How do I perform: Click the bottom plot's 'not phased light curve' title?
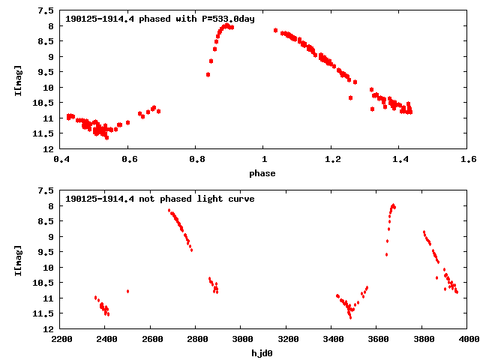pyautogui.click(x=160, y=199)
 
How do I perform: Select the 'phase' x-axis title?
pyautogui.click(x=262, y=173)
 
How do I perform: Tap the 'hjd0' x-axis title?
pyautogui.click(x=262, y=353)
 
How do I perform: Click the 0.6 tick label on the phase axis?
pyautogui.click(x=128, y=159)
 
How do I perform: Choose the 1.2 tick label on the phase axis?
pyautogui.click(x=332, y=159)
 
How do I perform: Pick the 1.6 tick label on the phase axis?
pyautogui.click(x=468, y=159)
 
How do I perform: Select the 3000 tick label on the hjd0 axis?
pyautogui.click(x=241, y=339)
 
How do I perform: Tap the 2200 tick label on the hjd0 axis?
pyautogui.click(x=61, y=339)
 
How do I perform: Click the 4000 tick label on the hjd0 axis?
pyautogui.click(x=466, y=339)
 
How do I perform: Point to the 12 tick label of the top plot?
pyautogui.click(x=48, y=148)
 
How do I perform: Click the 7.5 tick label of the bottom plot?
pyautogui.click(x=46, y=191)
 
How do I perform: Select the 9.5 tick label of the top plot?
pyautogui.click(x=46, y=72)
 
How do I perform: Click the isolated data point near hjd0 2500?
pyautogui.click(x=128, y=291)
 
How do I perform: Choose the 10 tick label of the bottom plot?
pyautogui.click(x=48, y=268)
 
